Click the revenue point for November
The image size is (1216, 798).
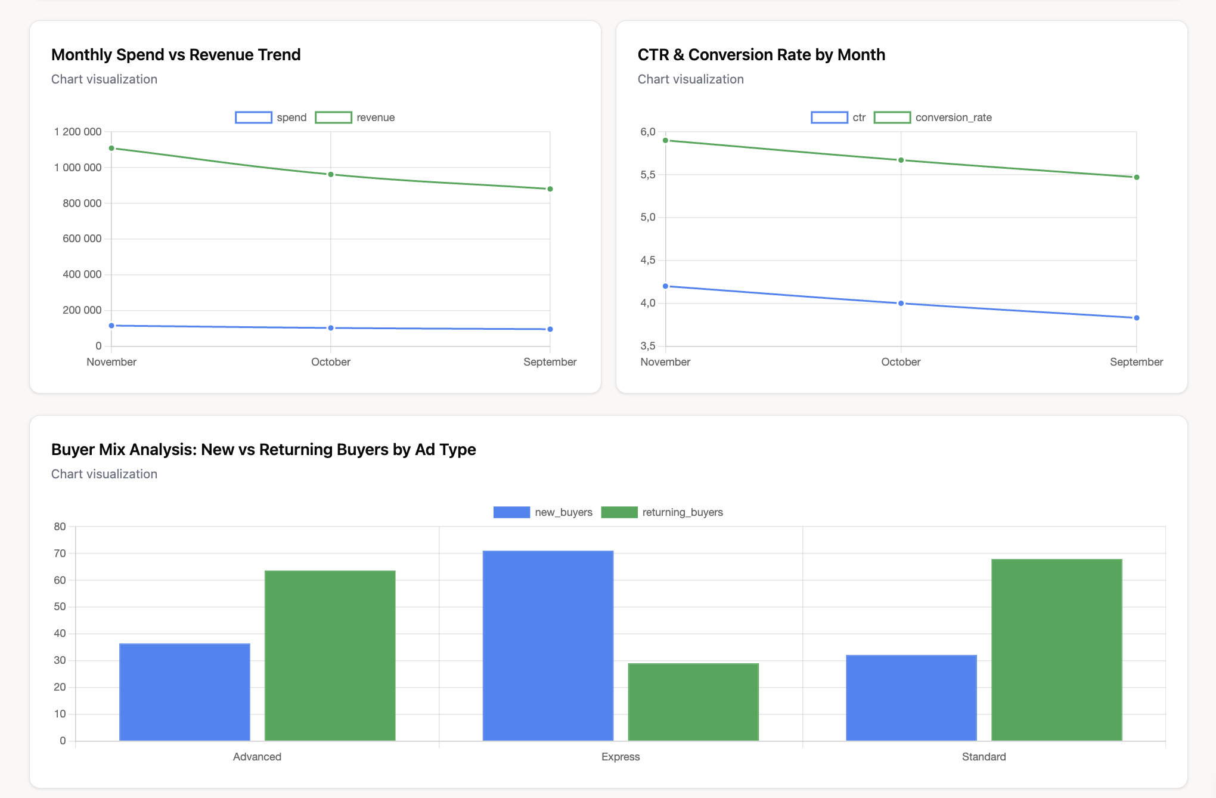(111, 148)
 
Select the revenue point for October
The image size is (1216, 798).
(331, 174)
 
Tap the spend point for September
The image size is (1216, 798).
(550, 329)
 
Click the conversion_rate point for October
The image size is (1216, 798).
(901, 160)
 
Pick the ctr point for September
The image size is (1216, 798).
(1137, 318)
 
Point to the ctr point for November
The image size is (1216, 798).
(666, 286)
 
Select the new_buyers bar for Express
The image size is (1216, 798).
(548, 645)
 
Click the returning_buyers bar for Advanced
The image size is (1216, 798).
(330, 655)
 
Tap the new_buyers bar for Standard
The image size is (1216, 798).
(911, 698)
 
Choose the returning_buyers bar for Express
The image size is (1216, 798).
(693, 702)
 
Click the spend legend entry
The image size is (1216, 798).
(271, 117)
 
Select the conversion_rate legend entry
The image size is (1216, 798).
(933, 117)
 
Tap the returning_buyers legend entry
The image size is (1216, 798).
(662, 512)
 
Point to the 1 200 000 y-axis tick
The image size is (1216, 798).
(77, 132)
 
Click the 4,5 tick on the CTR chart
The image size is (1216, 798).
(647, 260)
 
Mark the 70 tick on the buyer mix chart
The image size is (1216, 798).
(60, 553)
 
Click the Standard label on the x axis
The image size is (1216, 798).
(984, 757)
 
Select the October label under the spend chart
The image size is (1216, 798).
(331, 362)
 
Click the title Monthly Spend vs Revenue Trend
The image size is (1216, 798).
(176, 55)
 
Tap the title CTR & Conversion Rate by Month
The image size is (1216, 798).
(761, 55)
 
